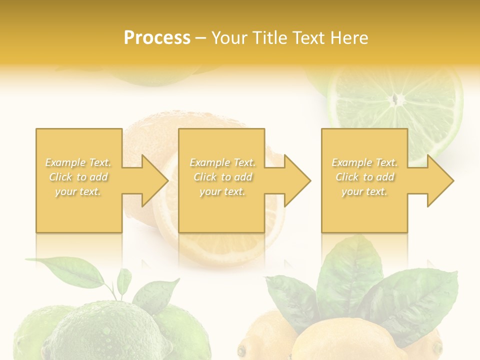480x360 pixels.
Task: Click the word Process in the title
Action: click(x=157, y=37)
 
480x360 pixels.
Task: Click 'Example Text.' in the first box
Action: click(x=78, y=162)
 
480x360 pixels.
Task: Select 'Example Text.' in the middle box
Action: click(x=222, y=162)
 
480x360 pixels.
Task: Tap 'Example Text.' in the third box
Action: click(x=364, y=162)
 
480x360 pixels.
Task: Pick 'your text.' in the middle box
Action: click(x=222, y=191)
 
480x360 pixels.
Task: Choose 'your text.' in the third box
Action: click(x=364, y=191)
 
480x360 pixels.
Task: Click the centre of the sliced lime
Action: click(x=396, y=99)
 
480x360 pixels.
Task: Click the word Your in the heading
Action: click(x=229, y=37)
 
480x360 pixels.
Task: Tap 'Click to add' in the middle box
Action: click(x=222, y=177)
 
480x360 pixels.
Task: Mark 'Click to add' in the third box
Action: click(x=364, y=177)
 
